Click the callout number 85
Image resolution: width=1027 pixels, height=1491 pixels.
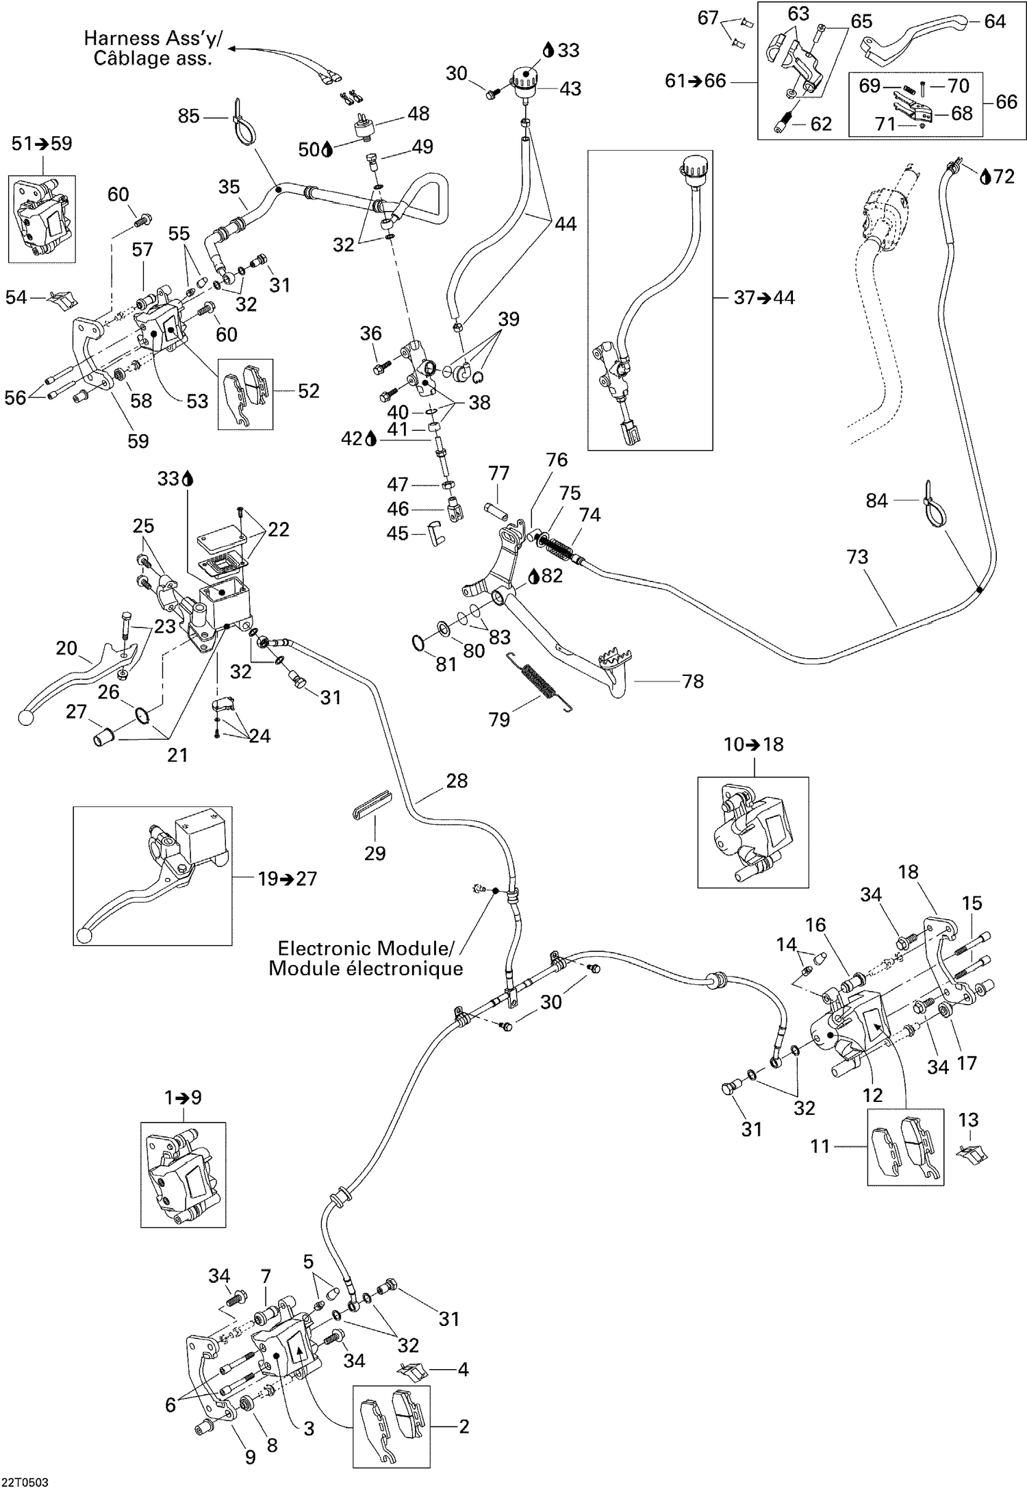[188, 116]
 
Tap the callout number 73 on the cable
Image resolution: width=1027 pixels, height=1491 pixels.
[857, 557]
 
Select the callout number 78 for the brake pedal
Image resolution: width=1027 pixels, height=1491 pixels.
[693, 681]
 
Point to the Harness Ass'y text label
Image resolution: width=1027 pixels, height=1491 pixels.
[153, 38]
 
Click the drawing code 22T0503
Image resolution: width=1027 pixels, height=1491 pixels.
[25, 1481]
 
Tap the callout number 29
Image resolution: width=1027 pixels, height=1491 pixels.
[375, 853]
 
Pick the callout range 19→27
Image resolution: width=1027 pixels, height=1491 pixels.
[288, 878]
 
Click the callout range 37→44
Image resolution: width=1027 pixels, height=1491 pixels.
[764, 298]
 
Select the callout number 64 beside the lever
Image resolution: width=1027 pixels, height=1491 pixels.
[995, 21]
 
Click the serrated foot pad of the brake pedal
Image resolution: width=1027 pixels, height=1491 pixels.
[616, 660]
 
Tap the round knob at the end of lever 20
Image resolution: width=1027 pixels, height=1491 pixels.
[25, 718]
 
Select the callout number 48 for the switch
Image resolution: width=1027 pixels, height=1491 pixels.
[418, 113]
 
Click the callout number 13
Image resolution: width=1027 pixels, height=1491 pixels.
[968, 1120]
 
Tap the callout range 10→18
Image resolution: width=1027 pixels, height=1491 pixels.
[754, 744]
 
